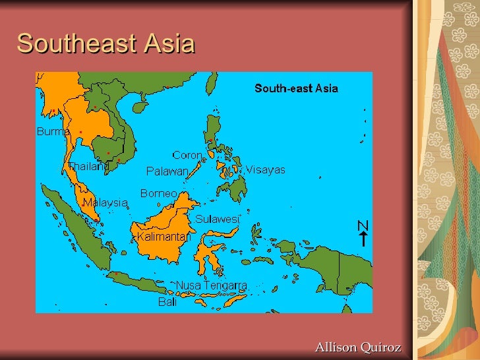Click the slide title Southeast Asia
coord(105,44)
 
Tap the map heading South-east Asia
coord(296,88)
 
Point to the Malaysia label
coord(104,203)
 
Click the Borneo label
coord(158,194)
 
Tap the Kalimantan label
coord(164,235)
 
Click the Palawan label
coord(167,171)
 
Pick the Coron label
coord(187,156)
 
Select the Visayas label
coord(266,170)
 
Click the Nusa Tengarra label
coord(211,285)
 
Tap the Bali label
coord(167,302)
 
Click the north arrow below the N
coord(363,239)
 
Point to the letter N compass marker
coord(363,225)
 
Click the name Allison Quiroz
coord(358,347)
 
